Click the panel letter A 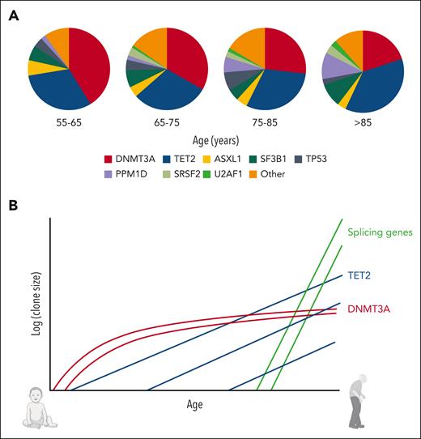point(14,14)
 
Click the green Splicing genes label point(381,232)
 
